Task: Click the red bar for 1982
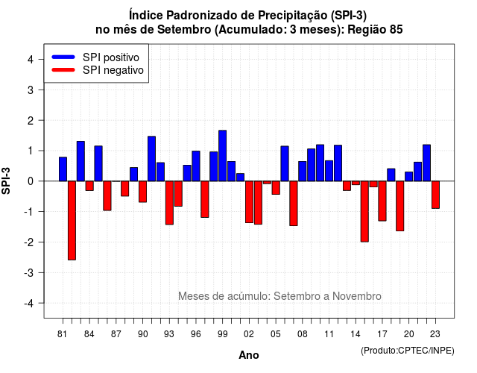72,221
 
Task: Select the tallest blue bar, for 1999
222,156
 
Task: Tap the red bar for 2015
364,212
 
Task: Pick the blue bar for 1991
151,159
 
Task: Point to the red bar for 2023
435,195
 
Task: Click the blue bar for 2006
285,163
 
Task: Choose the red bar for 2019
400,206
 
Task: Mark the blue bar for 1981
63,169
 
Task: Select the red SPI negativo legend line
63,70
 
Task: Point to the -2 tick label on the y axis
29,242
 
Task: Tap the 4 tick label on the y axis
31,60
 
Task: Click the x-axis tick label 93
169,334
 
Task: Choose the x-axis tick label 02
249,334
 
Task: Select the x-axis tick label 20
409,334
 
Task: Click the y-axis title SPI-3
6,181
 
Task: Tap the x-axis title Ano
249,355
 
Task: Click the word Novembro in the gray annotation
356,296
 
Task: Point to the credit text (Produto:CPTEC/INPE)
408,351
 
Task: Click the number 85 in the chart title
396,30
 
